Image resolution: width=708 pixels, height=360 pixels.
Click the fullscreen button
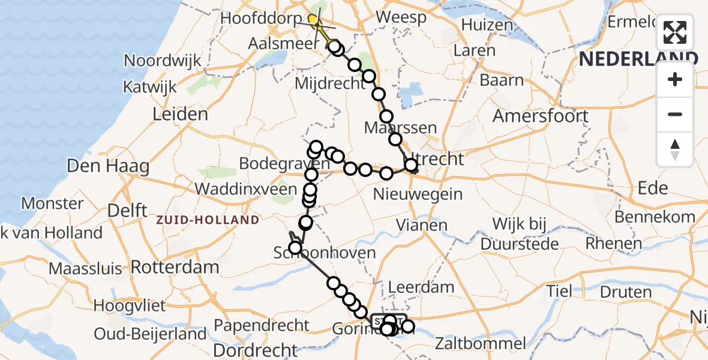pos(675,32)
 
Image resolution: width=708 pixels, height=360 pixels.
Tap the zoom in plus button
pos(675,79)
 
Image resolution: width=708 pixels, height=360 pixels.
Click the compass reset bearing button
pos(675,149)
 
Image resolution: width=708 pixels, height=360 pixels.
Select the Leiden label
pos(180,114)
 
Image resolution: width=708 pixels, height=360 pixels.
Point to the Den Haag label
pos(100,166)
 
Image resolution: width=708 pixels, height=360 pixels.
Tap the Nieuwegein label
pos(418,194)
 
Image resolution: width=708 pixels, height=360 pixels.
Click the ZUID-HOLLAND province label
pos(208,220)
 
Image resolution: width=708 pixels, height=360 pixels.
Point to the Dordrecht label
pos(256,349)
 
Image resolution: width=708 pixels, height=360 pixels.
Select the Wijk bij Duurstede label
pos(520,234)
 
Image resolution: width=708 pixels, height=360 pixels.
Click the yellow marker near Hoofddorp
pos(313,20)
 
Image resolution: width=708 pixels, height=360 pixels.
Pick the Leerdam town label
pos(421,287)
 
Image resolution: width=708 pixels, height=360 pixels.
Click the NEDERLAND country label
pos(638,58)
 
